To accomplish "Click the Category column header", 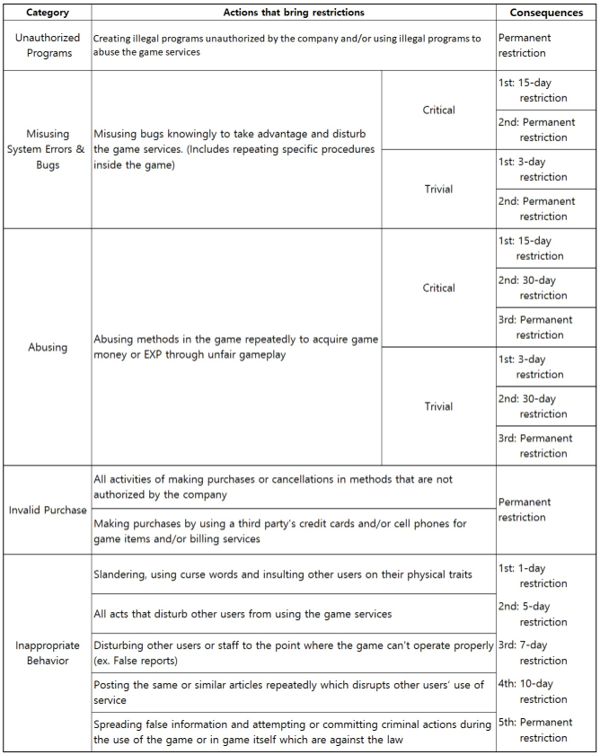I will pos(47,13).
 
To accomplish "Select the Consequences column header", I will pos(546,13).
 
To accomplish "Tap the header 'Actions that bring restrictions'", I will pos(294,13).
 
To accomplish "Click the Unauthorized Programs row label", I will pos(47,45).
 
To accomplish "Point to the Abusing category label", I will pos(47,347).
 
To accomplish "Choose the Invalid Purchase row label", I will pos(47,510).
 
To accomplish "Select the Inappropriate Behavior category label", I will pos(47,653).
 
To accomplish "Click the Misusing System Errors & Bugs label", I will pos(47,149).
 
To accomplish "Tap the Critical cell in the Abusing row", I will pos(438,289).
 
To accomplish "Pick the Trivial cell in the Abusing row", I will pos(438,406).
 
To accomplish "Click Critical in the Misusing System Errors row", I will pos(438,110).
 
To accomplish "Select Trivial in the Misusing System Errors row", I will pos(438,189).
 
